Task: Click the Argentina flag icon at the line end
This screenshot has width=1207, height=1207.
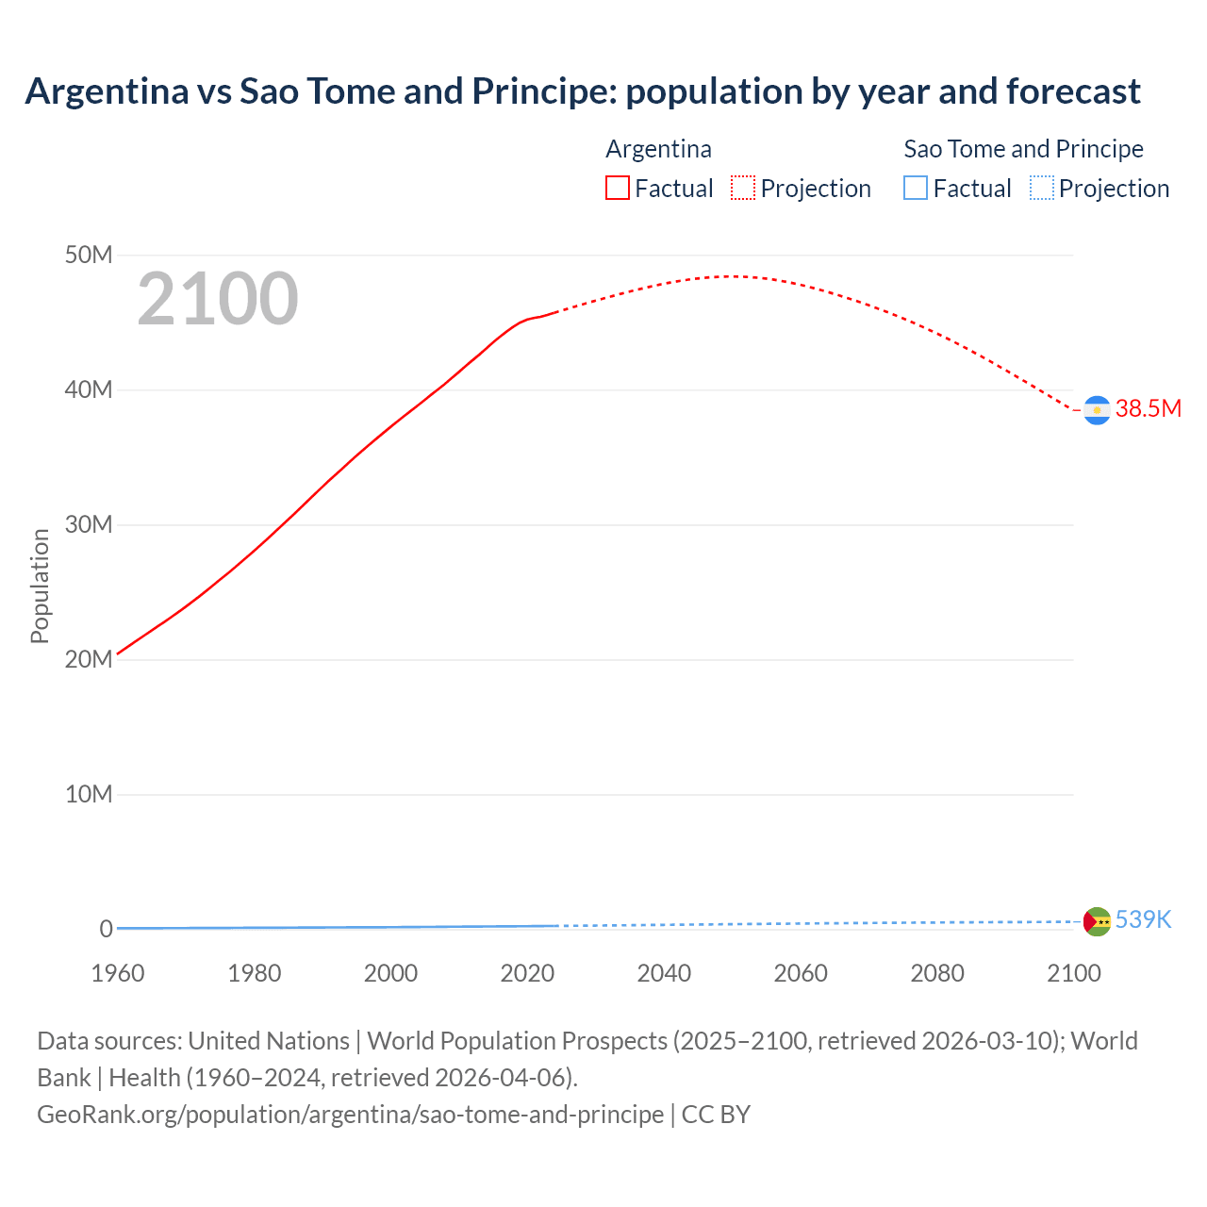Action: [1097, 410]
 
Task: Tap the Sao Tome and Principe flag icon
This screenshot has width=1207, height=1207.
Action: [1097, 921]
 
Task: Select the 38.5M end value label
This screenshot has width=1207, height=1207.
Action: [1148, 408]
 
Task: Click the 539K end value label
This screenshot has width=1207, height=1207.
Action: [1143, 919]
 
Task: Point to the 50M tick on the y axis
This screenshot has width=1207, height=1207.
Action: [89, 255]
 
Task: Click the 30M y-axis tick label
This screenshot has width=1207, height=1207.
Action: [89, 524]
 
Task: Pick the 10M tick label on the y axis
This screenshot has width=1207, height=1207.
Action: [89, 794]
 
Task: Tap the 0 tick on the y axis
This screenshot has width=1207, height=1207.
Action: [106, 929]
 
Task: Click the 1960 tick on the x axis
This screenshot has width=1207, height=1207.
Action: [118, 973]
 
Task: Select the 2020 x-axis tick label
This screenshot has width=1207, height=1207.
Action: [527, 973]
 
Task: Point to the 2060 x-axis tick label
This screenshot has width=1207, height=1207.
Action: [801, 973]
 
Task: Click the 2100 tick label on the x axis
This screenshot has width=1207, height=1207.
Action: [1073, 973]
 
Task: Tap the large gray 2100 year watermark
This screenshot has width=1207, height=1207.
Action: [218, 299]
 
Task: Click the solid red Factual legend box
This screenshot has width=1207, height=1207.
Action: [618, 189]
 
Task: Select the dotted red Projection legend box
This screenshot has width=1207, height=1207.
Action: [743, 189]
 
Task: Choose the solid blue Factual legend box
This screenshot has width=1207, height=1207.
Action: [916, 189]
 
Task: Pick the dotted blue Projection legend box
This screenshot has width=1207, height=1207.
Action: [1041, 189]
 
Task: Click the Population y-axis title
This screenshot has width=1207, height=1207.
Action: [40, 586]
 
